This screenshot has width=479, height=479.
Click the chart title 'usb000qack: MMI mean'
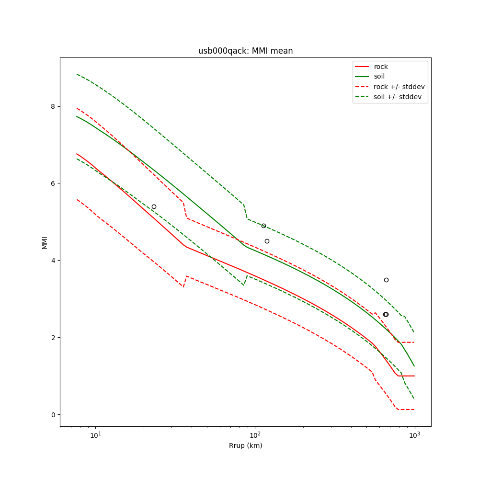tap(245, 51)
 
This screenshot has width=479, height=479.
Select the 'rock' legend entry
tap(381, 67)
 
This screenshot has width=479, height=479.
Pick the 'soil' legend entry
tap(379, 76)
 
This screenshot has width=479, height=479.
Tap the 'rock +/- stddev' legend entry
tap(399, 87)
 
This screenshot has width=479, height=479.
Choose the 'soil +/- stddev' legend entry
tap(398, 97)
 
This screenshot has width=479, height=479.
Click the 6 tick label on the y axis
tap(53, 183)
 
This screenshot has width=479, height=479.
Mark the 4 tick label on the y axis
tap(53, 261)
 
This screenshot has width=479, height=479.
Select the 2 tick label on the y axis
tap(53, 338)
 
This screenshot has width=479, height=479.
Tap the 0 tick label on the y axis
tap(53, 415)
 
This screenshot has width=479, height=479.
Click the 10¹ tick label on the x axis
tap(96, 434)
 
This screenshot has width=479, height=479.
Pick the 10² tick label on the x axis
tap(255, 434)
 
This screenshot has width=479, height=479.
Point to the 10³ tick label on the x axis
tap(414, 434)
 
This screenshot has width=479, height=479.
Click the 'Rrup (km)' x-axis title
tap(245, 445)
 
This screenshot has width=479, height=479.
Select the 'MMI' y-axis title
tap(45, 242)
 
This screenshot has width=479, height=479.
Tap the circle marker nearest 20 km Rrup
tap(154, 206)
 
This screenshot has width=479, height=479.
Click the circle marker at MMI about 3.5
tap(386, 280)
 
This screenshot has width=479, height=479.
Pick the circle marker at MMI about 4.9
tap(263, 226)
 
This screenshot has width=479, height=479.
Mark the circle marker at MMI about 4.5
tap(267, 241)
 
